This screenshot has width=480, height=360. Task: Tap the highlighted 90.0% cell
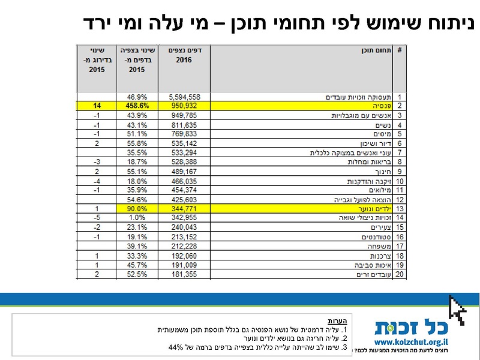tap(137, 208)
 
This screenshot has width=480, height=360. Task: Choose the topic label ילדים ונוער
tap(371, 208)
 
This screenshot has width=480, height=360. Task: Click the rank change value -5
tap(97, 217)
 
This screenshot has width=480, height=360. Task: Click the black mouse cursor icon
tap(458, 310)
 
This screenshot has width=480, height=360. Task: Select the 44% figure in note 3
tap(176, 347)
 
